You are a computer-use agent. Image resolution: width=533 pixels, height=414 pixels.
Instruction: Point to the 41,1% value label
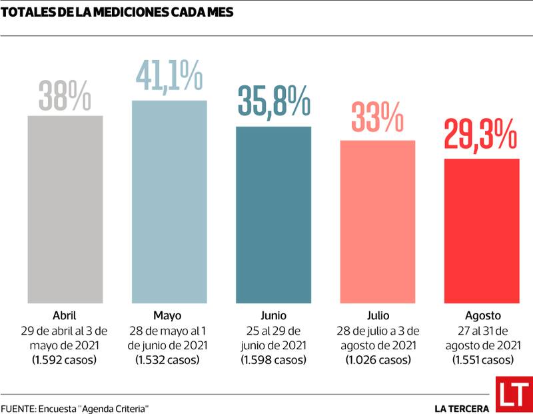[169, 77]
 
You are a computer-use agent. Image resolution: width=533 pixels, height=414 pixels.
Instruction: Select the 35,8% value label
[274, 103]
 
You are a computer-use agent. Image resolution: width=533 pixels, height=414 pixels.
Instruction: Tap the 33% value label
[378, 118]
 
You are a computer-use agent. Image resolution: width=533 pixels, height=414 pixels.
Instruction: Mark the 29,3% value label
[481, 136]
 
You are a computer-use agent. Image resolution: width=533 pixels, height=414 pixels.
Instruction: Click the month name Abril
[65, 315]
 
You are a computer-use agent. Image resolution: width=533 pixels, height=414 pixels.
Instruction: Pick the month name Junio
[273, 315]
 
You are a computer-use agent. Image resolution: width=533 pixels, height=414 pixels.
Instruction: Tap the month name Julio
[377, 315]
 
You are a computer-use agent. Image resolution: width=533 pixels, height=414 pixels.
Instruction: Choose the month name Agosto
[482, 315]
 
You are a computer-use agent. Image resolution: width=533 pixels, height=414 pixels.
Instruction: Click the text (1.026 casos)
[377, 360]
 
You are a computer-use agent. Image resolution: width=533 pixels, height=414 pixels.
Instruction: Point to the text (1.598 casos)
[273, 360]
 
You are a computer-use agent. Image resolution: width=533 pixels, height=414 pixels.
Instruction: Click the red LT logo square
[513, 395]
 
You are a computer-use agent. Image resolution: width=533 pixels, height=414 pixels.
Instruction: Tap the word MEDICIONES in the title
[101, 11]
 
